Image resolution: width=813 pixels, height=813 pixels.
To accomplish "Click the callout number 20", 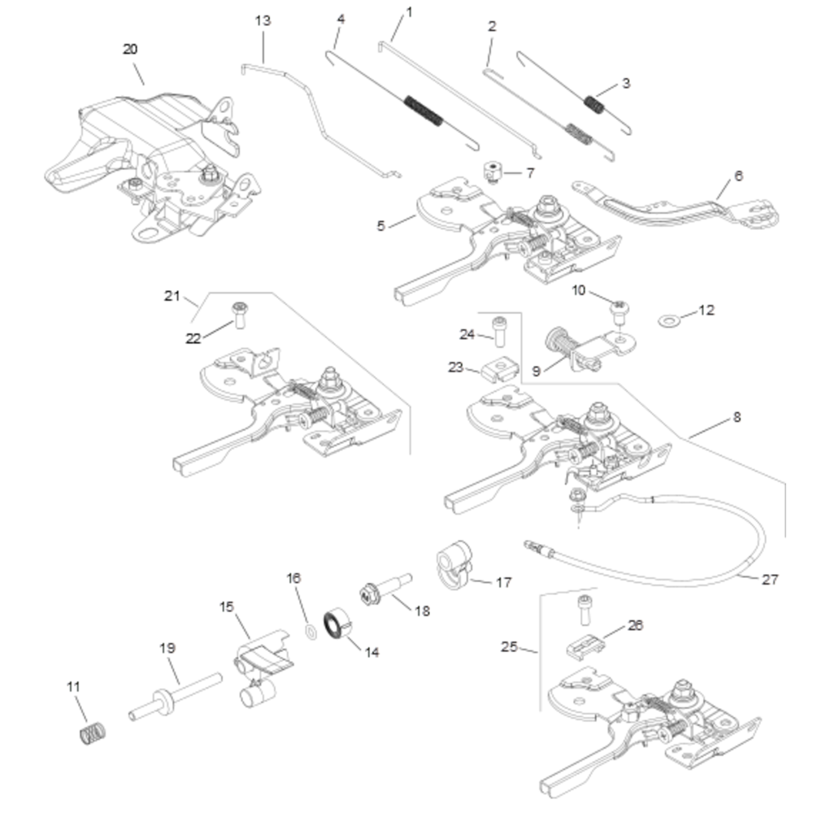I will pyautogui.click(x=130, y=49).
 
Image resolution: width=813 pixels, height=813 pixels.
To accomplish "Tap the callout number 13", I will pyautogui.click(x=263, y=20).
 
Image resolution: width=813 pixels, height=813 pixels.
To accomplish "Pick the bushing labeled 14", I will pyautogui.click(x=336, y=624).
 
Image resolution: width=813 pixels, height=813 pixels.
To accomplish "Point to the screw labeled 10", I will pyautogui.click(x=621, y=310).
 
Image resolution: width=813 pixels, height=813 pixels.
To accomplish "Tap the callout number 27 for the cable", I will pyautogui.click(x=770, y=580).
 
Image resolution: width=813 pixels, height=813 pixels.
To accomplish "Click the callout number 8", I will pyautogui.click(x=737, y=417).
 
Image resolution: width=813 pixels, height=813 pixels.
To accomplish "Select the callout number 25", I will pyautogui.click(x=510, y=647).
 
